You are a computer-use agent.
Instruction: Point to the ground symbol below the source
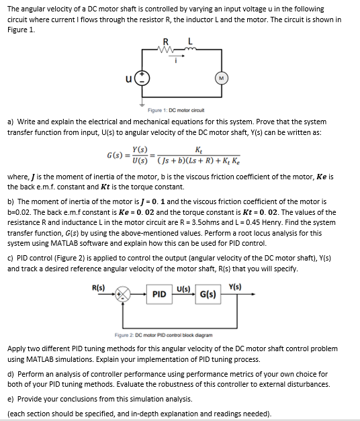141,105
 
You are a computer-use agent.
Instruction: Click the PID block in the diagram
159,294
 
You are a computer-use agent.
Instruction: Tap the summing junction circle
123,294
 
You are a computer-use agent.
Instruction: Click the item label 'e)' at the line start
11,399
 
